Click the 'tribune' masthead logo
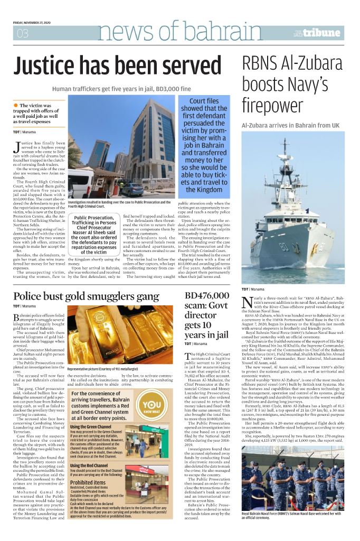coord(321,33)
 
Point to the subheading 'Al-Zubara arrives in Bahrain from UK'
coord(290,125)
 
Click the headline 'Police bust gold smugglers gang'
coord(86,296)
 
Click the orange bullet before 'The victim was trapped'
coord(16,106)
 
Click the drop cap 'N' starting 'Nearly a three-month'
coord(247,302)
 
